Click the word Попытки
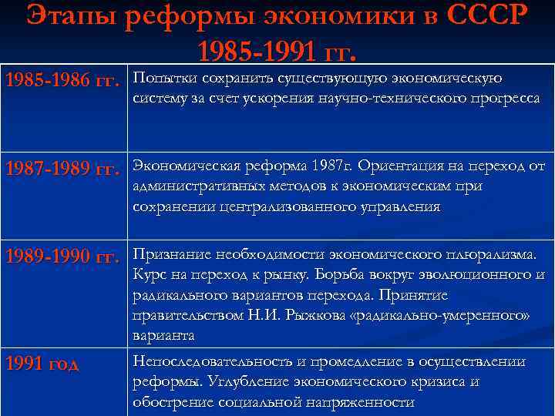coord(163,79)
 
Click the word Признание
coord(168,254)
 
